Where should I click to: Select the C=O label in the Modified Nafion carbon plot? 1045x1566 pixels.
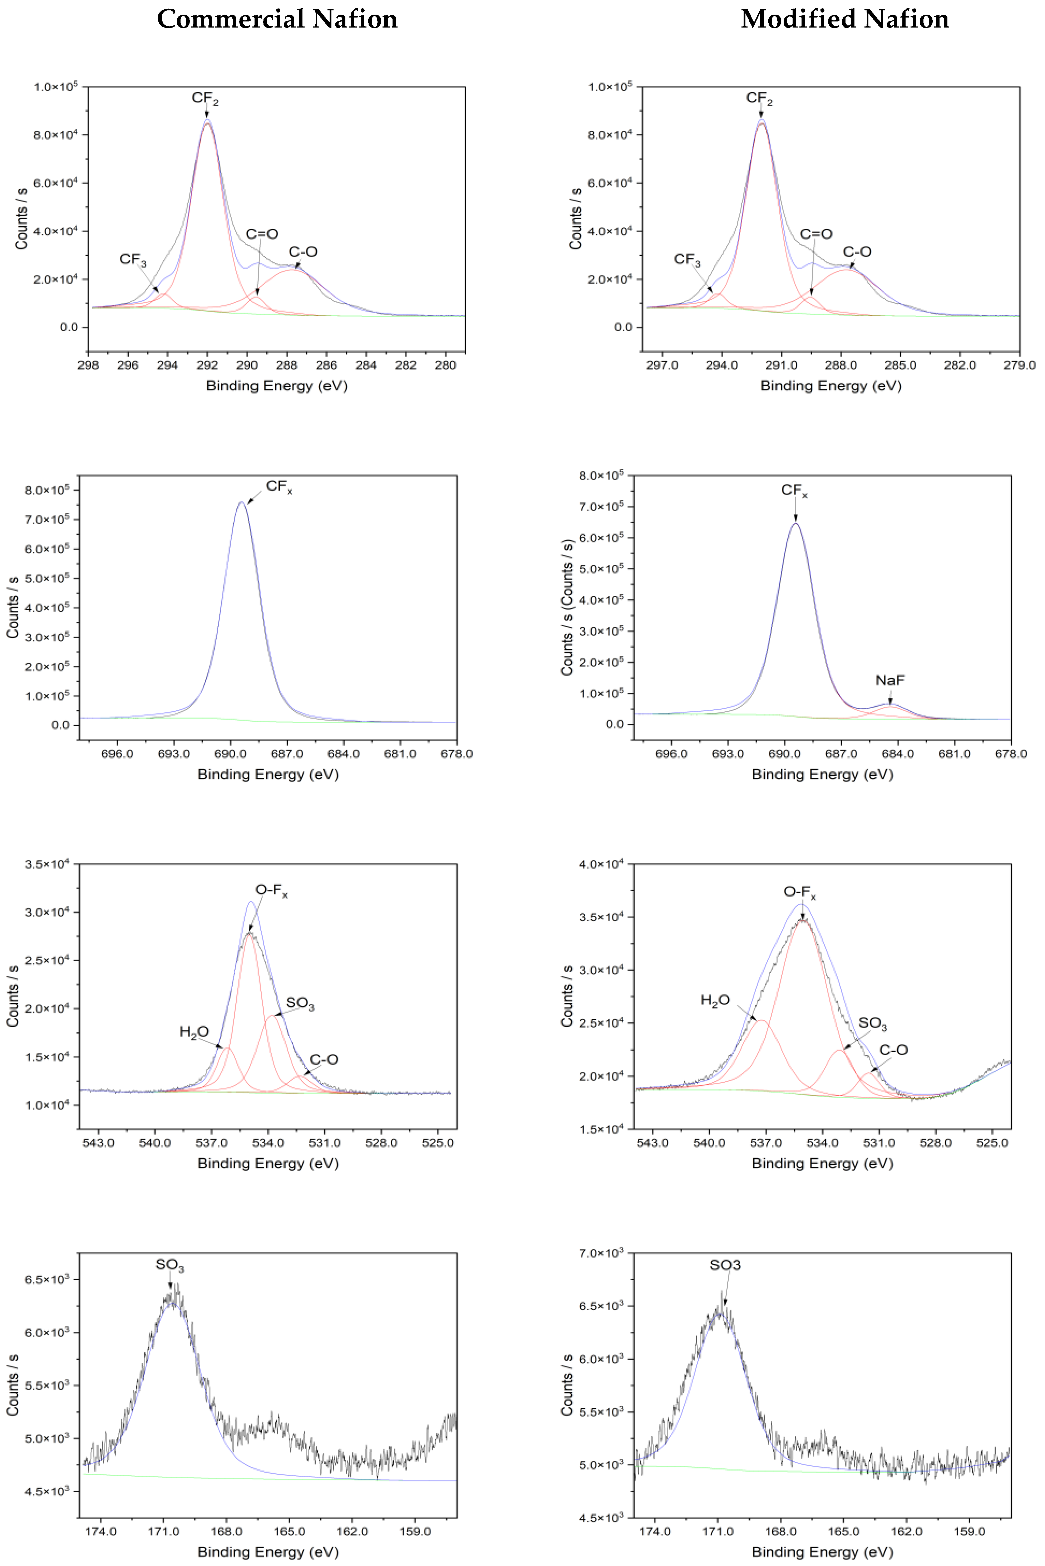coord(816,234)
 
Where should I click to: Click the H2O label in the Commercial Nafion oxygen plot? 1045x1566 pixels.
coord(194,1032)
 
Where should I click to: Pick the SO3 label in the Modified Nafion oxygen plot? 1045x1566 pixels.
coord(872,1023)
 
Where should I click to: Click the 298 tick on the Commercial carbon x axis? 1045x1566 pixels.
coord(88,365)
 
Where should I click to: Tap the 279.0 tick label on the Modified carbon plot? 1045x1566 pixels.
coord(1019,365)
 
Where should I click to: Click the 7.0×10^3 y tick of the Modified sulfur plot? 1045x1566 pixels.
coord(601,1253)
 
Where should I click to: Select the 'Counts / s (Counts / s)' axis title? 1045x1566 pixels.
coord(567,607)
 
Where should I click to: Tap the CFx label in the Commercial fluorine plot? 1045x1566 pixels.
coord(278,487)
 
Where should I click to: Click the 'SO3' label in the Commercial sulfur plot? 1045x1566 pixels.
coord(169,1265)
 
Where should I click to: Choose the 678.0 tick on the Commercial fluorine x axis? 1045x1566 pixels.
coord(457,754)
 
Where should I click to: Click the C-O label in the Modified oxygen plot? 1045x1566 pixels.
coord(893,1050)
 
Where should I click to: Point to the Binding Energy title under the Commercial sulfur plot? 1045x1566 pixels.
coord(268,1552)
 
